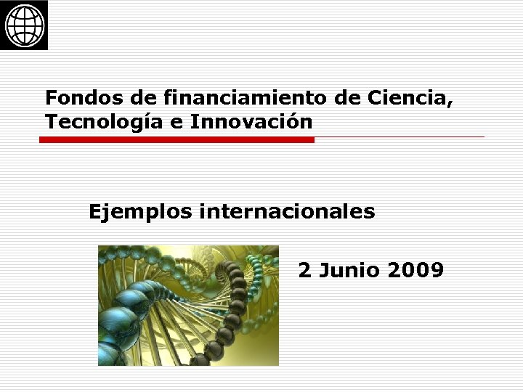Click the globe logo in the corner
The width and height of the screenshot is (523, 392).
click(x=25, y=25)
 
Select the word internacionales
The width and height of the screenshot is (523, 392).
click(x=287, y=212)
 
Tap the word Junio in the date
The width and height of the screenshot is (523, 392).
click(x=352, y=271)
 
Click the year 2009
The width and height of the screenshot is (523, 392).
click(x=416, y=271)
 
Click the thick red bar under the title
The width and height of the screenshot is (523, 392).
click(x=177, y=139)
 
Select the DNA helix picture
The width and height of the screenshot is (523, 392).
click(x=188, y=305)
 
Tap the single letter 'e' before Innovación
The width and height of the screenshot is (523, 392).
click(x=177, y=123)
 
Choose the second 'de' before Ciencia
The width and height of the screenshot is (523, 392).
click(x=346, y=97)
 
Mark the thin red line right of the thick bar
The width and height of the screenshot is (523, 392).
click(x=400, y=136)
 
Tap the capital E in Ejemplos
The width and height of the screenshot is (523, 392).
click(x=94, y=212)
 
